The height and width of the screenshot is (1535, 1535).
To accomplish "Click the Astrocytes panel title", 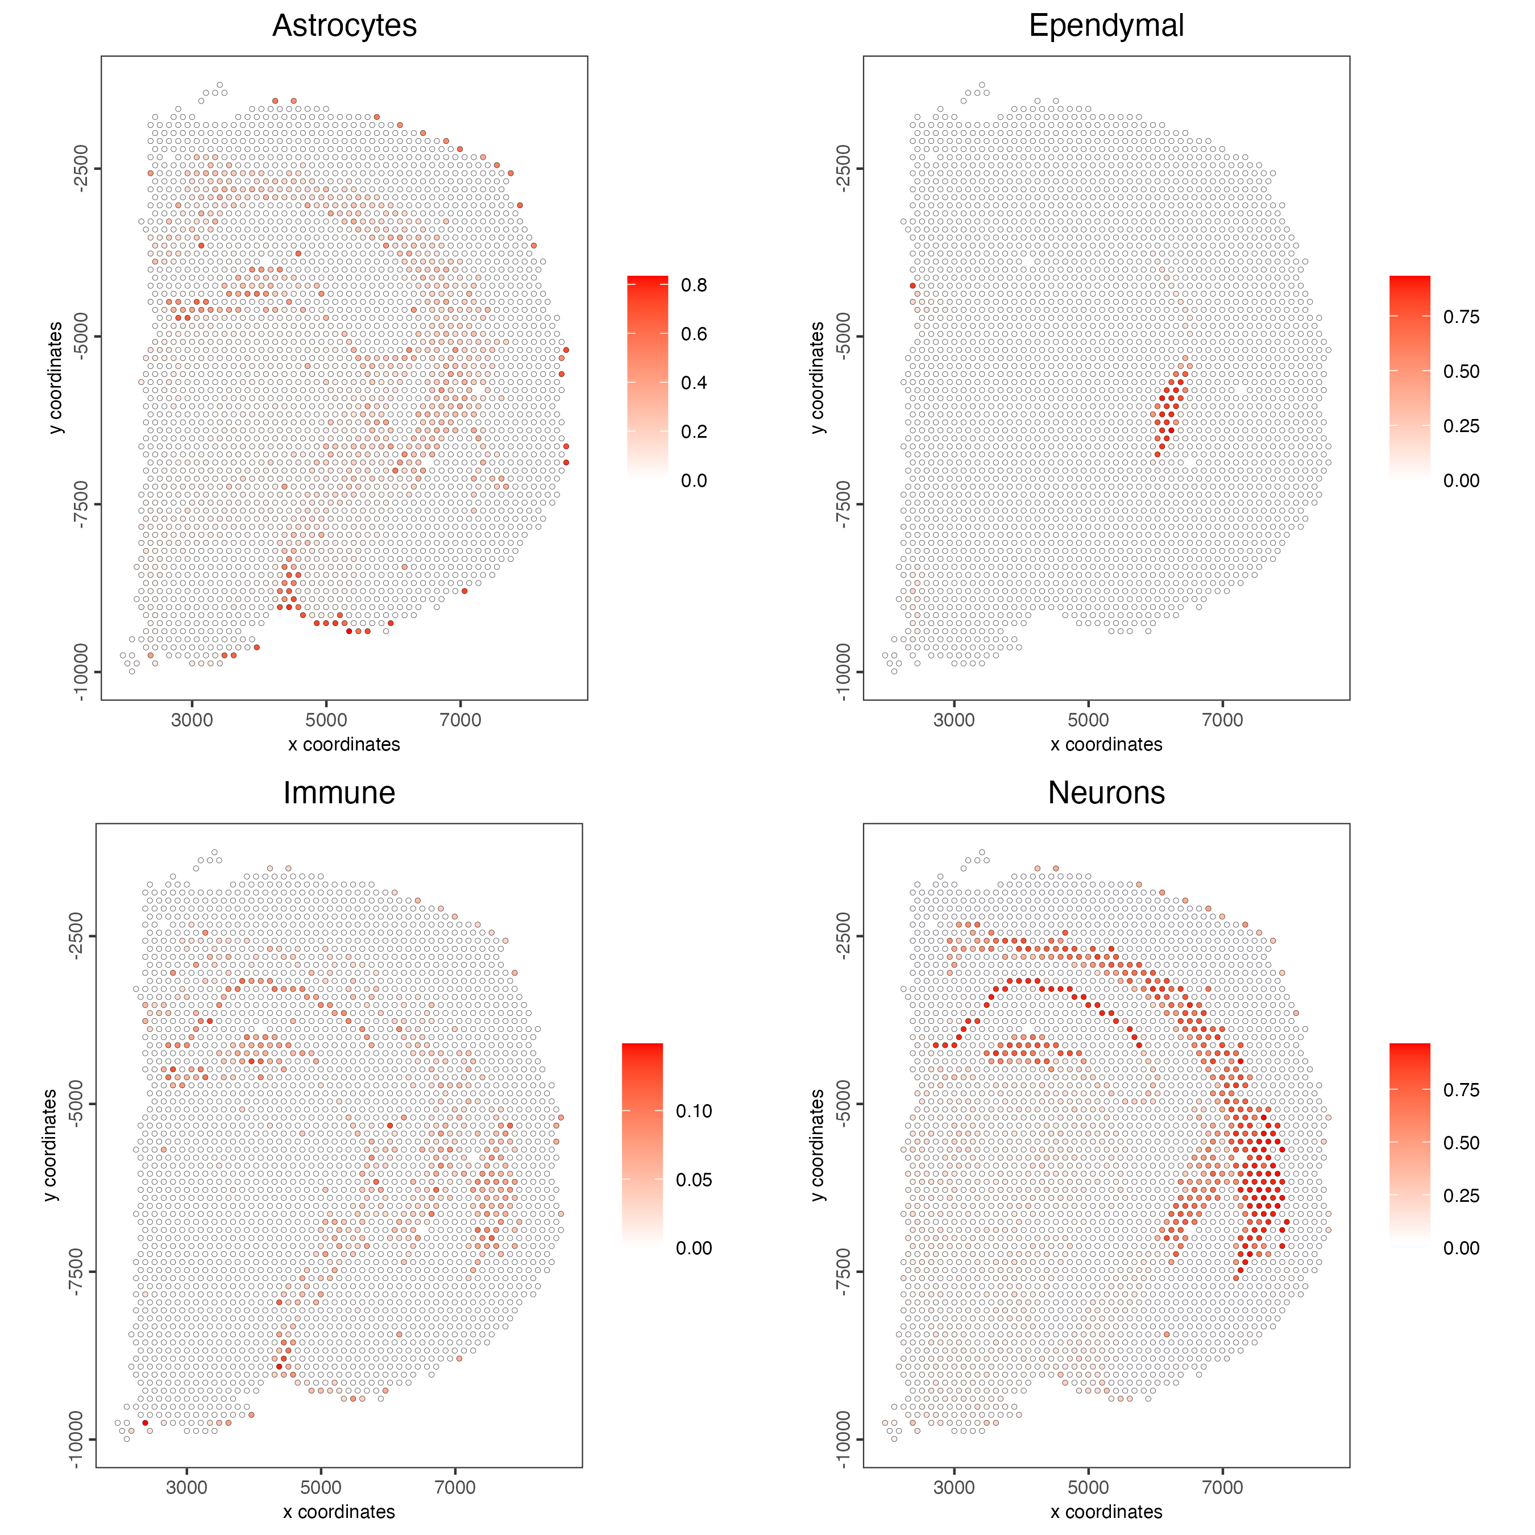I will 344,26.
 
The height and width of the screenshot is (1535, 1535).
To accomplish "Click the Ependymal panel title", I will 1106,26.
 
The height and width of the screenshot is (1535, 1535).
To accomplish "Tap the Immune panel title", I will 339,793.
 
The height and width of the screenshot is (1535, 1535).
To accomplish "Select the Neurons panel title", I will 1106,793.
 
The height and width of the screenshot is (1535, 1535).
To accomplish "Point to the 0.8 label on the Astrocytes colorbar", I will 694,285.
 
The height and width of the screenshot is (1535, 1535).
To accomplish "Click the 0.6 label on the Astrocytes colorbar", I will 694,334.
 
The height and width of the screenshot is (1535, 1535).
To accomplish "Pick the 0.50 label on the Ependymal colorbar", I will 1461,371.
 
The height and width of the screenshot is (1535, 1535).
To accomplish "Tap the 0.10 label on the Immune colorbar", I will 694,1111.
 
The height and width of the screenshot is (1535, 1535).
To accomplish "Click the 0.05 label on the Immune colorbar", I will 694,1180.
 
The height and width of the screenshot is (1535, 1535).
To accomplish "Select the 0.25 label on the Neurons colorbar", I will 1461,1196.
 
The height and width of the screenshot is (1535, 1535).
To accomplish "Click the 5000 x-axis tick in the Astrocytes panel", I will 326,720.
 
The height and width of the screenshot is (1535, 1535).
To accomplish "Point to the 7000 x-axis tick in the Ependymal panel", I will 1222,720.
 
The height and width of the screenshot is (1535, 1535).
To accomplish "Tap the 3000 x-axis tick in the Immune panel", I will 186,1487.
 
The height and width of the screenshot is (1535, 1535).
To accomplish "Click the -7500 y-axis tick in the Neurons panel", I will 843,1271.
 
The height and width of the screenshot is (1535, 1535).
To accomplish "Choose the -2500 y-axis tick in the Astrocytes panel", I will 80,168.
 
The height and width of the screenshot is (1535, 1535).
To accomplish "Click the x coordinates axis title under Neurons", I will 1106,1512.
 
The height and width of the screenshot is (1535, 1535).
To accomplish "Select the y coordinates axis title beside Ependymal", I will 818,378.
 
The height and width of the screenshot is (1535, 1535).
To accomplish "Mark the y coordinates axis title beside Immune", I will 50,1146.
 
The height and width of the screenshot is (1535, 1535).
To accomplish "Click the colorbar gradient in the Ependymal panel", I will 1409,377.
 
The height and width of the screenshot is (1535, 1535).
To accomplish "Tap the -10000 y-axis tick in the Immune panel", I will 76,1439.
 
